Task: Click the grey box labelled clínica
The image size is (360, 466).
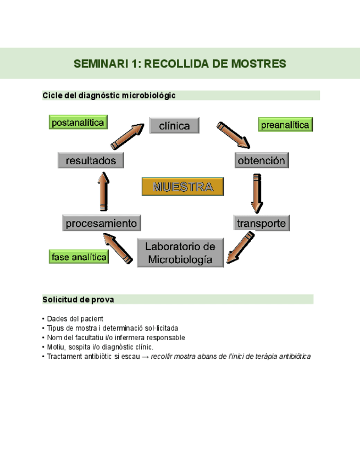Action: point(174,126)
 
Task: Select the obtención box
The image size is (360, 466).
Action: point(262,160)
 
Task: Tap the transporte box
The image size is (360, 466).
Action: point(262,223)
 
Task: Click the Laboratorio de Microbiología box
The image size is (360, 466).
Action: point(180,253)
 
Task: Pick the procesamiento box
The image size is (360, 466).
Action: point(101,223)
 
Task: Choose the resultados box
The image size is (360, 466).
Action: point(91,160)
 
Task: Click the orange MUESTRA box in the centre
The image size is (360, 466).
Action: point(182,187)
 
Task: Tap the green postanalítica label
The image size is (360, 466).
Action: point(77,123)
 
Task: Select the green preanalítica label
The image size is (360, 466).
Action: point(285,125)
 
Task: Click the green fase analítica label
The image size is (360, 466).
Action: point(79,257)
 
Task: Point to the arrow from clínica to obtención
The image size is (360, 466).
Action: point(233,135)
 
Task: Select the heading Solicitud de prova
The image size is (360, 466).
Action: point(78,299)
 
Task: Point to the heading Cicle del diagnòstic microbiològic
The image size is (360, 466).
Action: point(109,96)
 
